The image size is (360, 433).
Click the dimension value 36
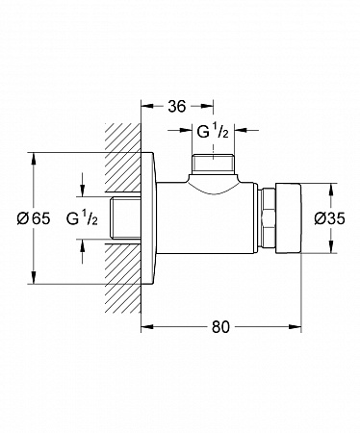177,107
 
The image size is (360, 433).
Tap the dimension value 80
220,327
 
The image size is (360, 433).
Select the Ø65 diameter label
34,218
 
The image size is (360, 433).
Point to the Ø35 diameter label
329,218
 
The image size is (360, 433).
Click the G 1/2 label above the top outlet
213,132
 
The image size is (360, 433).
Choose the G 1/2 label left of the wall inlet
82,218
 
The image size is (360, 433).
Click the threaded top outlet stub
214,165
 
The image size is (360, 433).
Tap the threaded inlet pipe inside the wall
125,218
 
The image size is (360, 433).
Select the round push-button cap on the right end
288,218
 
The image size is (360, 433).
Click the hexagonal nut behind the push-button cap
267,218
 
